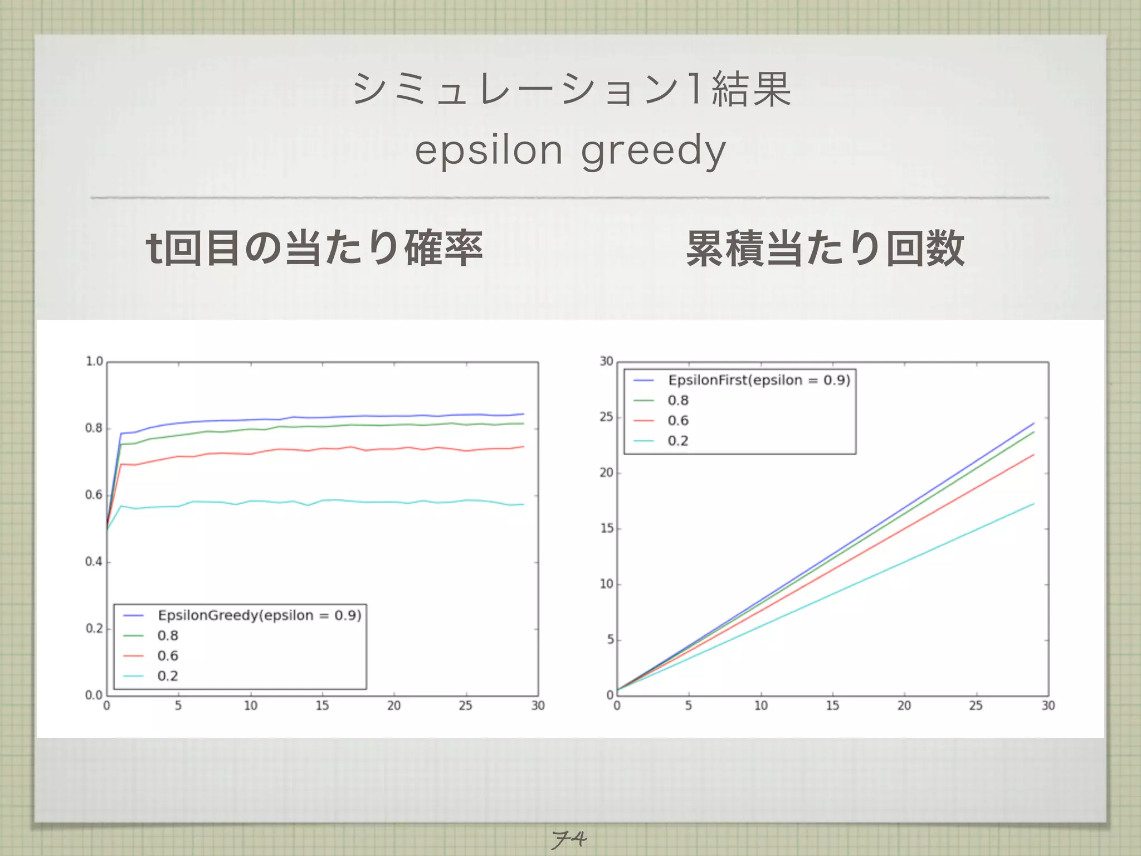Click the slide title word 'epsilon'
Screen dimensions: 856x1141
[x=489, y=151]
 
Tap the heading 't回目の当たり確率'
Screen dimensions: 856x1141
[x=314, y=248]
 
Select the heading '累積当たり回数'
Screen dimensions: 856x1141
[x=825, y=249]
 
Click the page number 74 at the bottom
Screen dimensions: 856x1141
[x=569, y=839]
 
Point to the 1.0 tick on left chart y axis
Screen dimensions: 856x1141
[x=94, y=362]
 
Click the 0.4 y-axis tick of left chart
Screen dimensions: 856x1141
[x=94, y=562]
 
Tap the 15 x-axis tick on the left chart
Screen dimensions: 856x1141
[x=322, y=706]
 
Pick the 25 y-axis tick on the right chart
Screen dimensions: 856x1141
[x=606, y=417]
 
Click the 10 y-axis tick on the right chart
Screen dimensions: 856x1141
[x=606, y=584]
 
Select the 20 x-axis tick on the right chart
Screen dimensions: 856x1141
[x=904, y=706]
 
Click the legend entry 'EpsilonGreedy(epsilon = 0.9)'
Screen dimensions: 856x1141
[x=260, y=615]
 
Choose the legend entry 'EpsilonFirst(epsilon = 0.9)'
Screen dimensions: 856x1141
[x=759, y=380]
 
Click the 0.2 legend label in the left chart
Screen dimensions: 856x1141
[x=168, y=676]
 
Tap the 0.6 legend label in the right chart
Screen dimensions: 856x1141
[x=678, y=421]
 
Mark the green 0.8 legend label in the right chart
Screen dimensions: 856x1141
[x=678, y=401]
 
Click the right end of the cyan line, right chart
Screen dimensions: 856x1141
[x=1033, y=504]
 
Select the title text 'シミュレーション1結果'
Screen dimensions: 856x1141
[x=571, y=89]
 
